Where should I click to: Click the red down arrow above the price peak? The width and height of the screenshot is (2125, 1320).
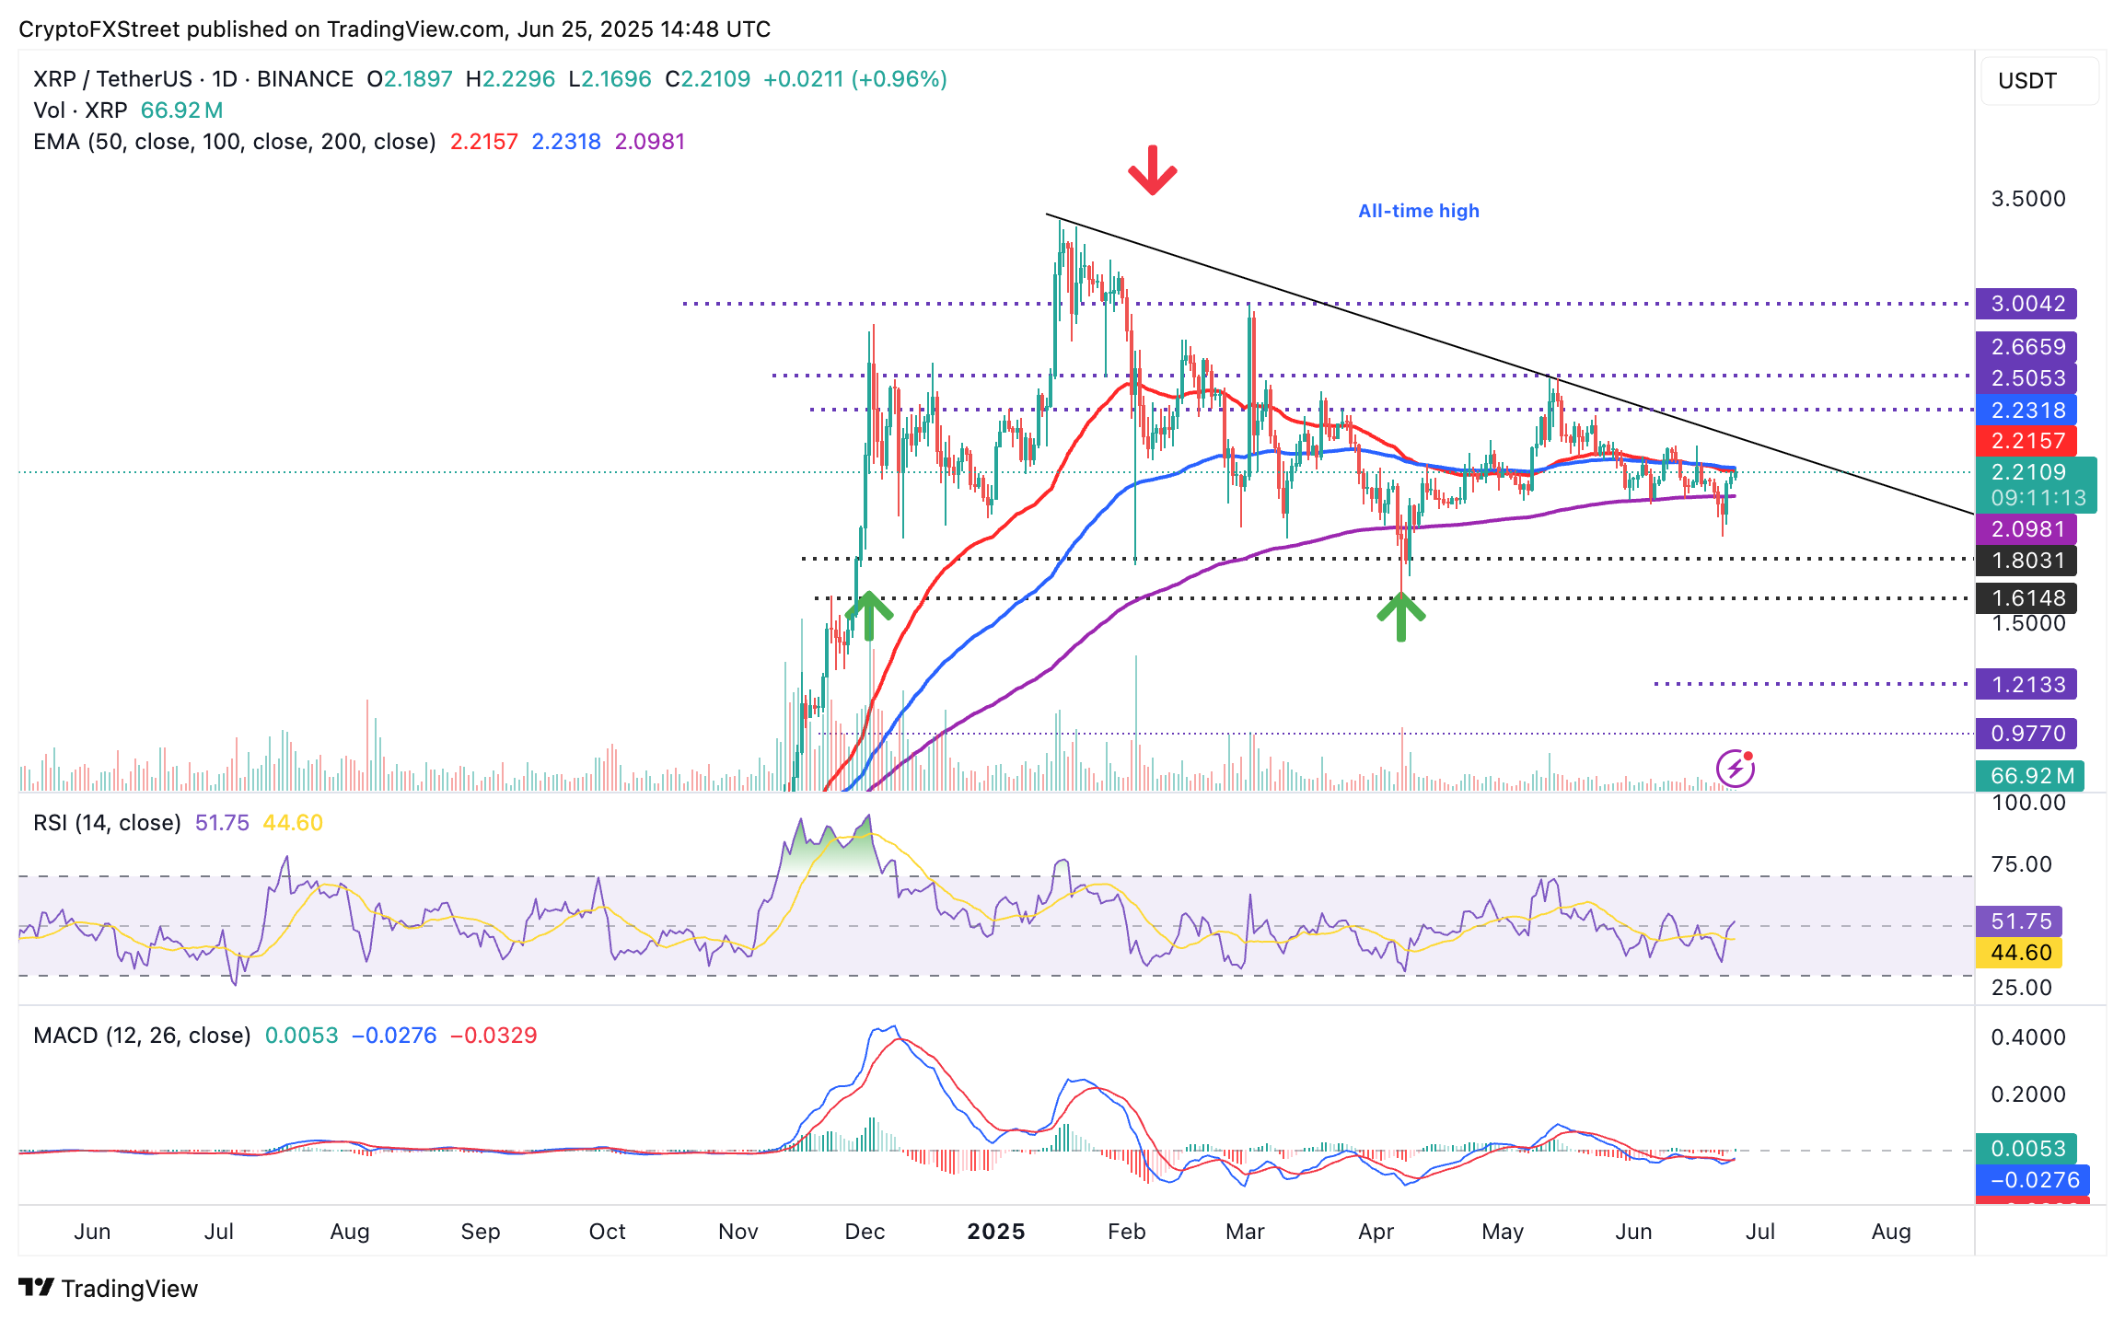pyautogui.click(x=1152, y=170)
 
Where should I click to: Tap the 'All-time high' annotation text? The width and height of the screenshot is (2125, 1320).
pyautogui.click(x=1418, y=211)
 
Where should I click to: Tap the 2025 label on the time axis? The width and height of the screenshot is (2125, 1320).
pyautogui.click(x=995, y=1232)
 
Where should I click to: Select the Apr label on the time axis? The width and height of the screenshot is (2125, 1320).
pyautogui.click(x=1376, y=1232)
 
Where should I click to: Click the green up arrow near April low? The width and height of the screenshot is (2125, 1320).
pyautogui.click(x=1400, y=616)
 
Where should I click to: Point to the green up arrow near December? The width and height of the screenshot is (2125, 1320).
pyautogui.click(x=868, y=616)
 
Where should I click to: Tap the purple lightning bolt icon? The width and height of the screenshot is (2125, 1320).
pyautogui.click(x=1735, y=769)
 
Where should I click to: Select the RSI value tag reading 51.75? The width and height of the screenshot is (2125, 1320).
pyautogui.click(x=2020, y=921)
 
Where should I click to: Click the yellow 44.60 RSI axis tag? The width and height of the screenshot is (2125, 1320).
pyautogui.click(x=2020, y=953)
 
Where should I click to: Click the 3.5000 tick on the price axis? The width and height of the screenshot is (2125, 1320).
pyautogui.click(x=2027, y=199)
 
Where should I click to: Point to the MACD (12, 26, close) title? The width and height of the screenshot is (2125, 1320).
pyautogui.click(x=142, y=1036)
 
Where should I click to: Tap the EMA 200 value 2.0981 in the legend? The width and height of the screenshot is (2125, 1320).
pyautogui.click(x=649, y=142)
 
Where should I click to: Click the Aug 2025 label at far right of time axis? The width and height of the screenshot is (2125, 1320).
pyautogui.click(x=1890, y=1232)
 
